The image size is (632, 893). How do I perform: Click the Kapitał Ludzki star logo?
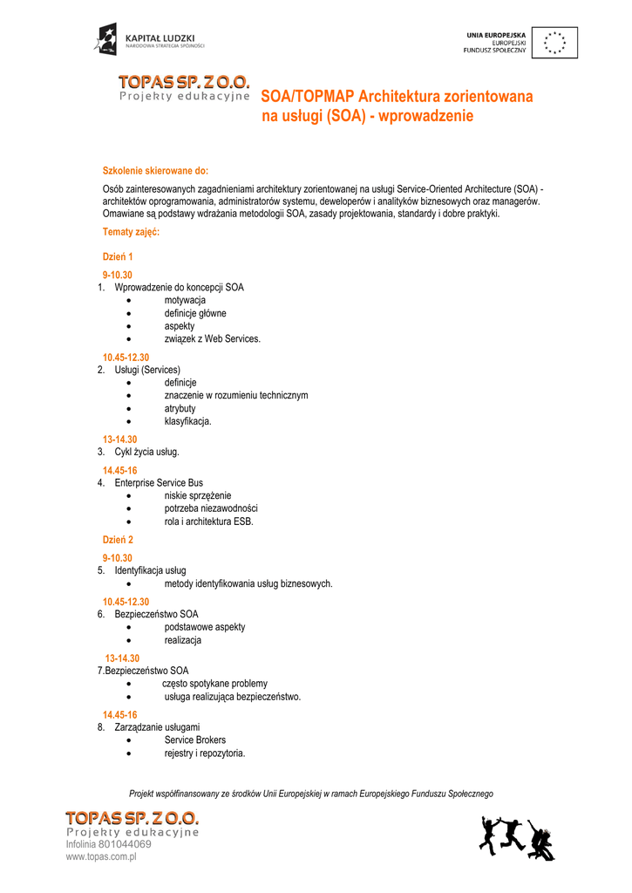tap(106, 39)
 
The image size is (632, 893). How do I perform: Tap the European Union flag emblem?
tap(554, 42)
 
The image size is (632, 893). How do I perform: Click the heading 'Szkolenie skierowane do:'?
tap(156, 170)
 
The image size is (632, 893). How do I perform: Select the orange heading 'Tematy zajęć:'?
tap(131, 232)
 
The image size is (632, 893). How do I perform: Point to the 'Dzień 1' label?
tap(118, 256)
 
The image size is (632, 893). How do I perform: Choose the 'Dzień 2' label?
tap(118, 540)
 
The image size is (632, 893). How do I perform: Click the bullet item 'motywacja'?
tap(185, 300)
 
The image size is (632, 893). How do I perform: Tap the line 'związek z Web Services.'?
tap(212, 338)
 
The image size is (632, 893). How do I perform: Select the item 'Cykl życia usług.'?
tap(146, 452)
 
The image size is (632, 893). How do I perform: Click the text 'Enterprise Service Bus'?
tap(159, 482)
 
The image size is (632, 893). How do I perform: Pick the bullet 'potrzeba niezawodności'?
tap(211, 508)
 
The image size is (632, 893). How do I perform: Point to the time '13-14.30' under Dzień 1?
tap(120, 440)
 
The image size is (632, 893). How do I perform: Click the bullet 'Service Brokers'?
tap(195, 740)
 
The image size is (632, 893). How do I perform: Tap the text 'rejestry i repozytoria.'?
tap(205, 753)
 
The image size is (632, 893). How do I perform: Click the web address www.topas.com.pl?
tap(102, 857)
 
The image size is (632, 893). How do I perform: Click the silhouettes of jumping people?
tap(517, 838)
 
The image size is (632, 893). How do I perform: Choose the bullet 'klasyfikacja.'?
tap(187, 421)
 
